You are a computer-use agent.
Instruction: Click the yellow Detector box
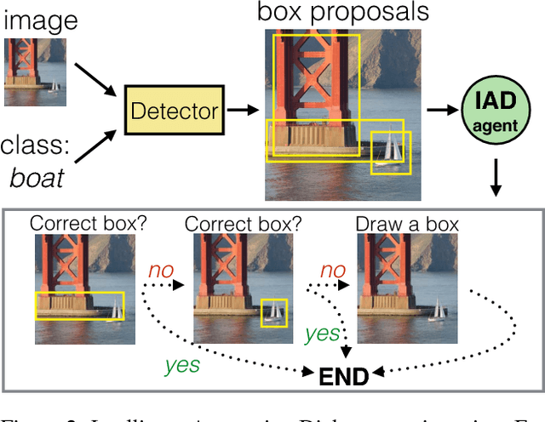pyautogui.click(x=175, y=110)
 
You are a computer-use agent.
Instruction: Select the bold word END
pyautogui.click(x=343, y=375)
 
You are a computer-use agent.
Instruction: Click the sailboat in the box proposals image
pyautogui.click(x=391, y=147)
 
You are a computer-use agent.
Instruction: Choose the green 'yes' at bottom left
pyautogui.click(x=183, y=365)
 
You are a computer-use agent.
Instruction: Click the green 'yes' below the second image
pyautogui.click(x=322, y=333)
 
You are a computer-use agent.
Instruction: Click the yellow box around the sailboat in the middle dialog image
pyautogui.click(x=274, y=313)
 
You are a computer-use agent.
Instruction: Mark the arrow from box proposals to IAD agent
pyautogui.click(x=440, y=110)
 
